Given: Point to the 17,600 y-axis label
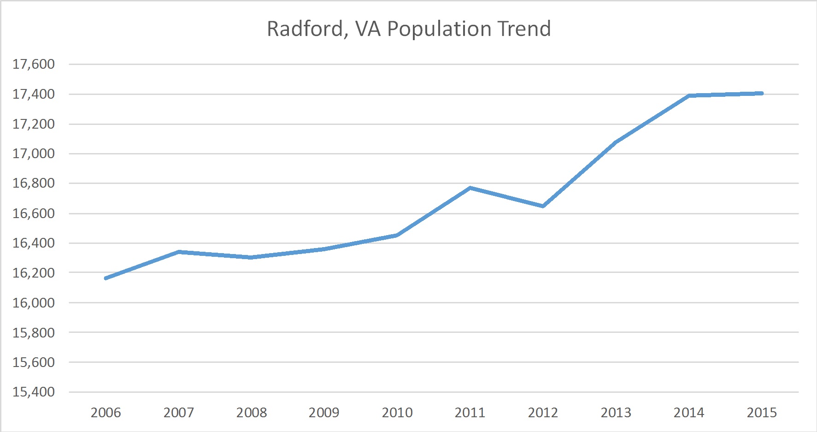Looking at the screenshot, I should tap(34, 64).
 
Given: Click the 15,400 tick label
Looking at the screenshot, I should tap(34, 392).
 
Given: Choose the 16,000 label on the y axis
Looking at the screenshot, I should tap(34, 303).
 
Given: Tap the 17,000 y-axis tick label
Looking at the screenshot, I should tap(34, 154).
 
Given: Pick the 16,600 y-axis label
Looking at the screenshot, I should tap(34, 213).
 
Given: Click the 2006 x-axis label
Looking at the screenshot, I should tap(106, 413).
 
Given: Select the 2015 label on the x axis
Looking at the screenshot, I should tap(762, 413).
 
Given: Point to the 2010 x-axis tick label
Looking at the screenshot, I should tap(397, 413).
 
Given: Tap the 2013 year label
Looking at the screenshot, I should tap(616, 413).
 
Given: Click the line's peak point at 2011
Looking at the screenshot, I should tap(470, 188).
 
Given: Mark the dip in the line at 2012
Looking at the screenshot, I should tap(543, 206).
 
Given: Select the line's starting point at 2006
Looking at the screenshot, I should tap(106, 278).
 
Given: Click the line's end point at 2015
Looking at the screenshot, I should tap(762, 94).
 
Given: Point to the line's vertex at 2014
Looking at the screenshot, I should tap(689, 95).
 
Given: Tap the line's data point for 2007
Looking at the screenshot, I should tap(179, 252).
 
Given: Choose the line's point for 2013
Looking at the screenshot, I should tap(616, 142).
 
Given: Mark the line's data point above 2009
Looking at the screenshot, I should tap(324, 249).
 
